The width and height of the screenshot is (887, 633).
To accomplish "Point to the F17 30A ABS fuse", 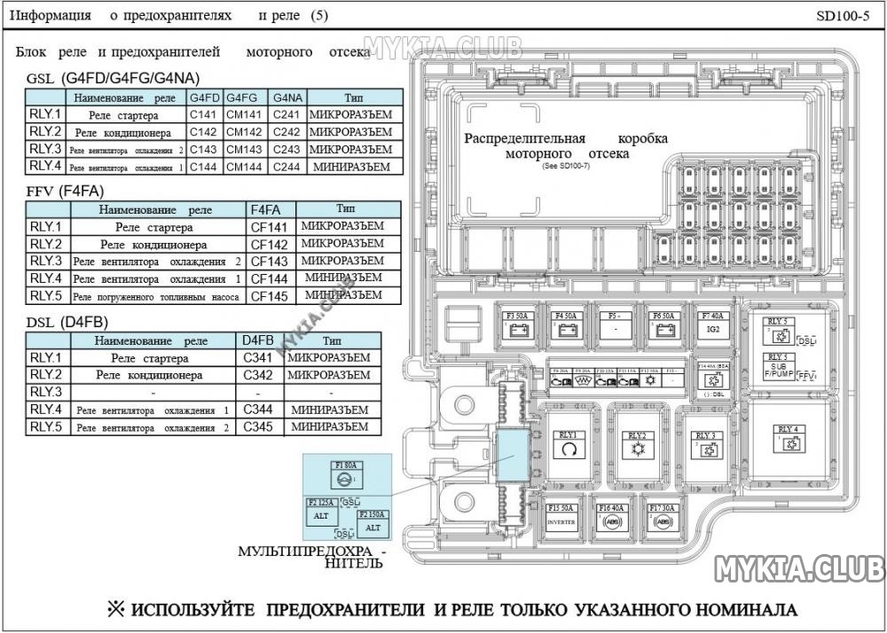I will tap(662, 516).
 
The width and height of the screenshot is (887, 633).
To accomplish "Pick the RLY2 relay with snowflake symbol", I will tap(636, 445).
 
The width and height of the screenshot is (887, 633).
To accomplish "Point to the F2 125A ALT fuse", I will tap(321, 509).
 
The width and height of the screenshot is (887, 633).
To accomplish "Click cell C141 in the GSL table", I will tap(204, 115).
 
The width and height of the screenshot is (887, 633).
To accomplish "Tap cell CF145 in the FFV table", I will tap(270, 296).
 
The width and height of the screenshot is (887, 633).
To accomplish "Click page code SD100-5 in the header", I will tap(843, 16).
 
